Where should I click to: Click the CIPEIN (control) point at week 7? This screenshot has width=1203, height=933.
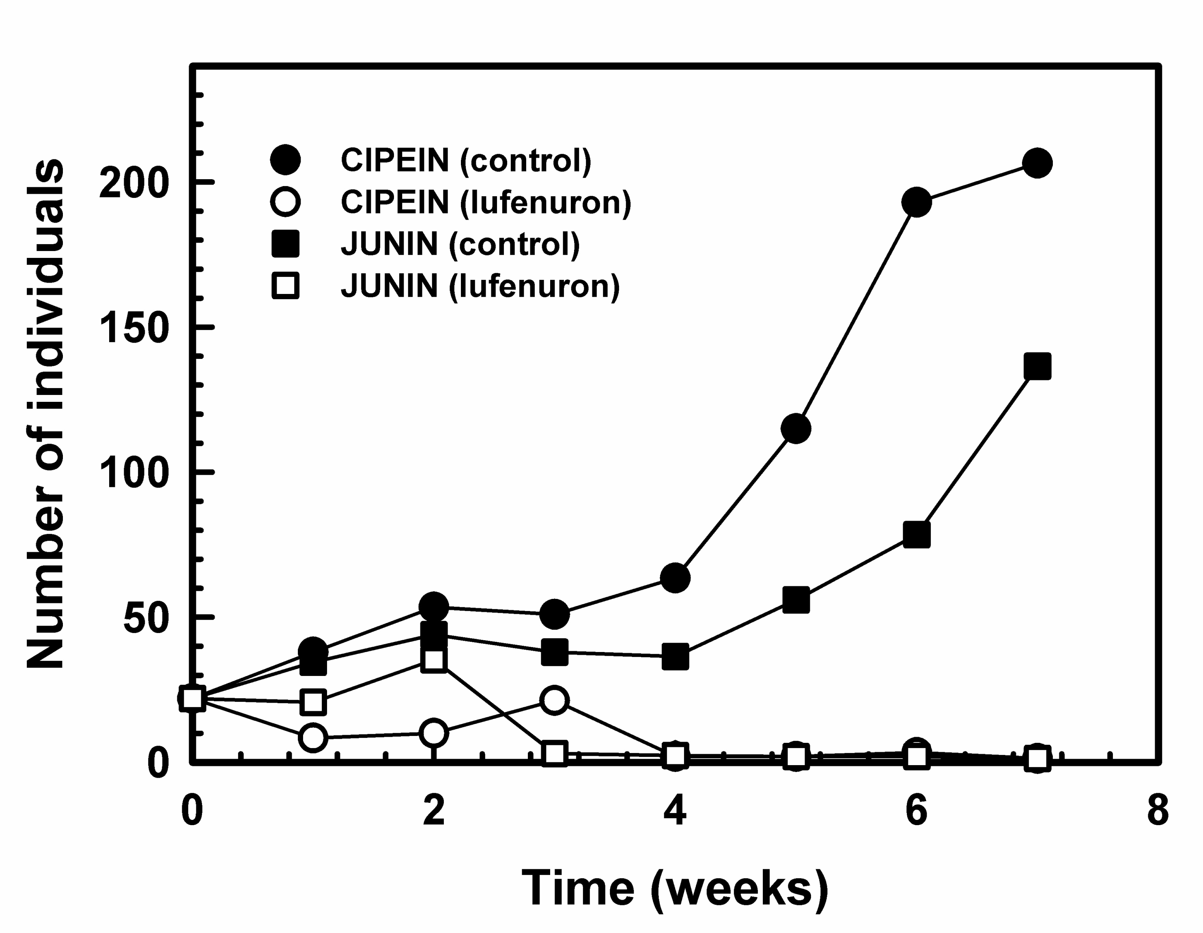(x=1037, y=163)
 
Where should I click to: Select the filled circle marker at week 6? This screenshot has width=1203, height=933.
(x=917, y=202)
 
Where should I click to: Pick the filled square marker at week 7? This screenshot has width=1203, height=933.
(x=1037, y=366)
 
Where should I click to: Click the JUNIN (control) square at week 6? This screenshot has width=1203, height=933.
(x=917, y=534)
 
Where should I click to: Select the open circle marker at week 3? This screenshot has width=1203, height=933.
(x=554, y=700)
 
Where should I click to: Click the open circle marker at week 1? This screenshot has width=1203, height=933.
(x=313, y=737)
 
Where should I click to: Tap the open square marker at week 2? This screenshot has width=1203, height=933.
(x=433, y=660)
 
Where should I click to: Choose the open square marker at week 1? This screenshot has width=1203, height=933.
(x=313, y=702)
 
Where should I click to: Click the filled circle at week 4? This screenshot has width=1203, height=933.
(x=675, y=577)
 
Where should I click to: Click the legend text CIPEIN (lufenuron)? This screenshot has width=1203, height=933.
(x=486, y=202)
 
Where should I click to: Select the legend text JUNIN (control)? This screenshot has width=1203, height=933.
(x=461, y=244)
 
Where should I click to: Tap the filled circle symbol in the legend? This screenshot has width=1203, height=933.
(x=285, y=160)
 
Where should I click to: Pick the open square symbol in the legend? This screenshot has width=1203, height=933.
(x=285, y=286)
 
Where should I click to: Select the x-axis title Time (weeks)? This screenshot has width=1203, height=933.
(x=674, y=887)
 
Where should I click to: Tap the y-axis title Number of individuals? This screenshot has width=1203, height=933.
(x=45, y=414)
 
